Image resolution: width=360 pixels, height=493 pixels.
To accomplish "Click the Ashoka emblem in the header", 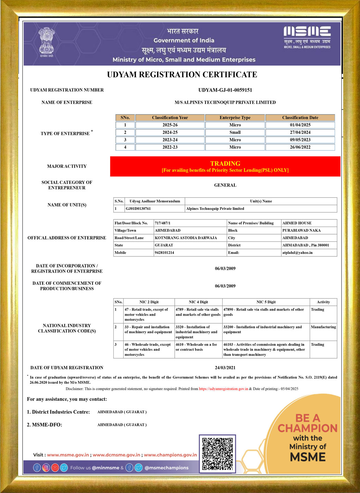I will click(47, 42).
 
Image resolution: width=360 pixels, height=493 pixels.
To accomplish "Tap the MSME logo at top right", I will click(307, 37).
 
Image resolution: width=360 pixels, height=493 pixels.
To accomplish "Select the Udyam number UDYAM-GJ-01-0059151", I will click(225, 90).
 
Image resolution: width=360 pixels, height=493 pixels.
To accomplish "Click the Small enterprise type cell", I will click(235, 132).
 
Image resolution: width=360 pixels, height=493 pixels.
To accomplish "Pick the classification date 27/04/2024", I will click(300, 132).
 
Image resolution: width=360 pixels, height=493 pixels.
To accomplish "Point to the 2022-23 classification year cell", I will click(170, 147).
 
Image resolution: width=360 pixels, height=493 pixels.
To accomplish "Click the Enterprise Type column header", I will click(235, 118).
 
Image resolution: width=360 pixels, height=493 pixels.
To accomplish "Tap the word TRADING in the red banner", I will click(225, 164).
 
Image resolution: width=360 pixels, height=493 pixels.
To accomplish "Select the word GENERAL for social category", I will click(225, 185).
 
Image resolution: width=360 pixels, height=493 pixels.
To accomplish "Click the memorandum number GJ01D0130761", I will click(138, 209).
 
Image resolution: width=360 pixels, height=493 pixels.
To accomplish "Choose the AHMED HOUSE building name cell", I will click(297, 223).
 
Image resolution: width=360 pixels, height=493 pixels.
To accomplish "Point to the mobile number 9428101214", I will click(164, 253).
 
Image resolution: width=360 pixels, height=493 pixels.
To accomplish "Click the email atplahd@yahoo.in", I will click(297, 253).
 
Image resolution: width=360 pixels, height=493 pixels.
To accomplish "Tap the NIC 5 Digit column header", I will click(266, 302).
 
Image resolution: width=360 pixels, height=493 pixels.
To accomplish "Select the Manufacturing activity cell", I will click(323, 327).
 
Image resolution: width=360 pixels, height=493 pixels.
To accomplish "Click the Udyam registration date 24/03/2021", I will click(225, 368).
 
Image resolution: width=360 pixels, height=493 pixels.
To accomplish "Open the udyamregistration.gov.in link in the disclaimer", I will click(223, 389).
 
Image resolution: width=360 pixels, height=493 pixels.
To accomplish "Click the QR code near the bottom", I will click(217, 453).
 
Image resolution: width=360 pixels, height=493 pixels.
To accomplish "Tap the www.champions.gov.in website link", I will click(170, 455).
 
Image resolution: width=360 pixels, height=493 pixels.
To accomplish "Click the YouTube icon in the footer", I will click(55, 468).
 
